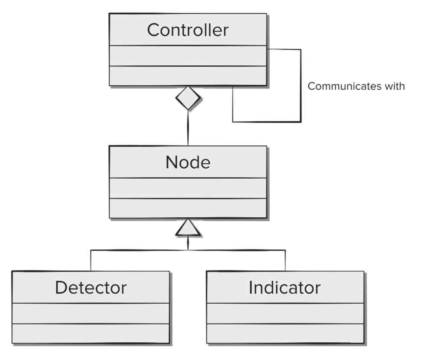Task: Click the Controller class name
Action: (188, 30)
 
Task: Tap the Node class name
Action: (188, 162)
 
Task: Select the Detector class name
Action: (91, 288)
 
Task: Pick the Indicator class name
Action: (285, 288)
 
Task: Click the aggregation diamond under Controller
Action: (188, 98)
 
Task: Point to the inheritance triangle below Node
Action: (188, 228)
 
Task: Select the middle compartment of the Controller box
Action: (188, 56)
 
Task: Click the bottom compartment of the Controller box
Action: (188, 76)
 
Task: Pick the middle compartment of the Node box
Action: (188, 188)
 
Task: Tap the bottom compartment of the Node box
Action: (188, 209)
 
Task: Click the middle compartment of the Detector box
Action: (91, 314)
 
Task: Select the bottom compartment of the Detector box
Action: (91, 334)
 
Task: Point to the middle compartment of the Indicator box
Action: (285, 314)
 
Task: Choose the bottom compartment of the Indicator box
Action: (285, 334)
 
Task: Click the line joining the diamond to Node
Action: (188, 128)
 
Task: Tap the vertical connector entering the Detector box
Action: (91, 260)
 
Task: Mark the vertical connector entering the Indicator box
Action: (285, 260)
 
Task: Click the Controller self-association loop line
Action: (301, 86)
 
